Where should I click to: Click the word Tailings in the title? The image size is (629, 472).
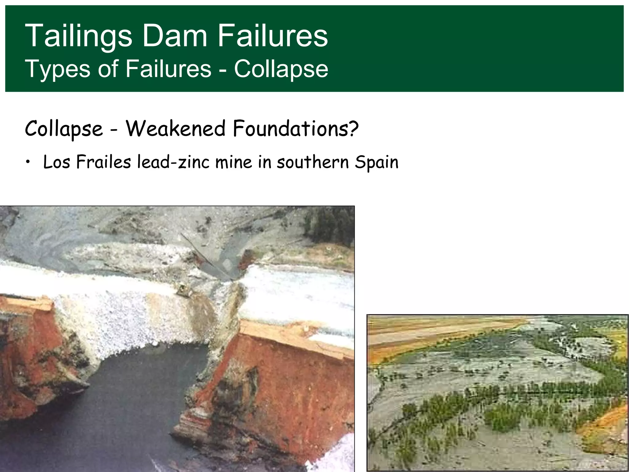click(78, 36)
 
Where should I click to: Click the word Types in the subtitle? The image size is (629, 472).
click(57, 69)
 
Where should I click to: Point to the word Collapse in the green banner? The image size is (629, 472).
click(281, 69)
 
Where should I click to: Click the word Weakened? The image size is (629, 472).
click(175, 128)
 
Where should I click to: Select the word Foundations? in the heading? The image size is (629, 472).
click(295, 128)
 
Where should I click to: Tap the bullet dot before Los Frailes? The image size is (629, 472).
click(28, 162)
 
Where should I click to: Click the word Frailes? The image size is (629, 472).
click(104, 162)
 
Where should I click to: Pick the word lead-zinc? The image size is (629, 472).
click(173, 162)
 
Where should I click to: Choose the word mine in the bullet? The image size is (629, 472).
click(233, 162)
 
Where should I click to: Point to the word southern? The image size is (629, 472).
click(313, 162)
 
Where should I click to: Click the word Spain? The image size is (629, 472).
click(377, 162)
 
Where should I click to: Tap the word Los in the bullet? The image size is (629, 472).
click(57, 162)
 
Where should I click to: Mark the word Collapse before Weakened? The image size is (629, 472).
click(64, 128)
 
